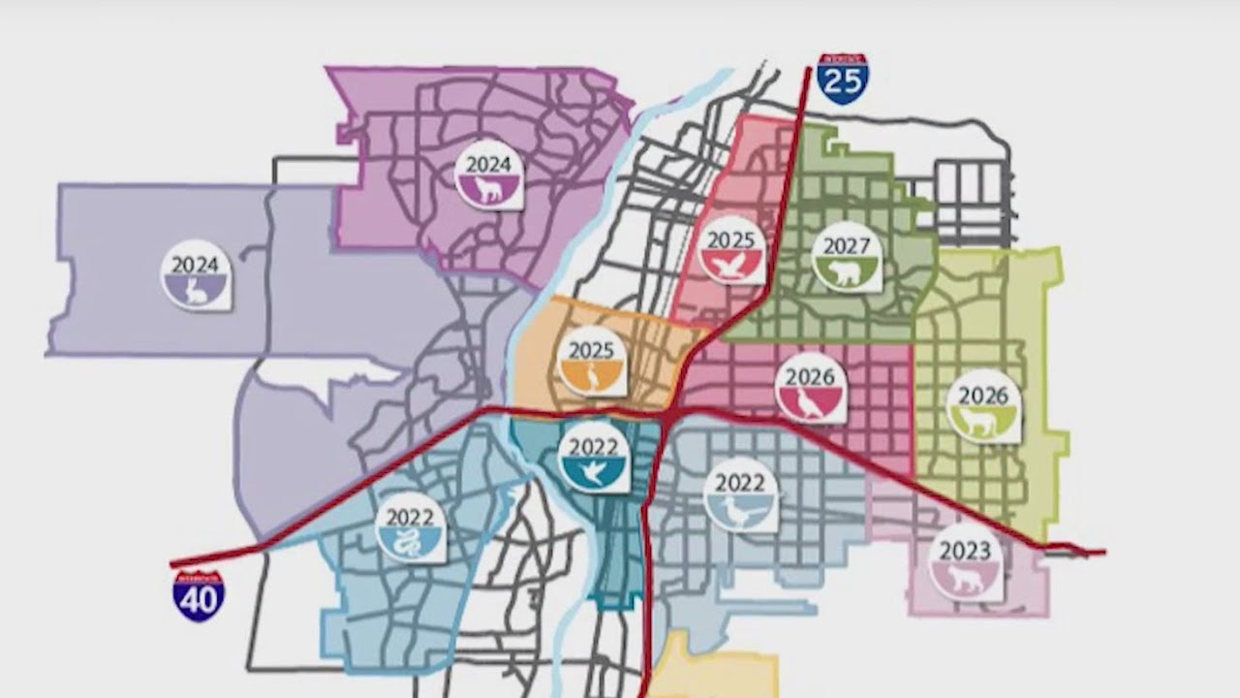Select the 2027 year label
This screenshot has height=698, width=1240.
pos(847,246)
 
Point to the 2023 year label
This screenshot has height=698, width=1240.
pos(965,552)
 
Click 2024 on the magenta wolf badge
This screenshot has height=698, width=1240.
pos(488,164)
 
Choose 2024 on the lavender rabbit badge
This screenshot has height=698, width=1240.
pos(195,264)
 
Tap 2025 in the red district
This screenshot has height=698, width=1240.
pos(731,239)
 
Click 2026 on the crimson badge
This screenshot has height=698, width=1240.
pos(811,377)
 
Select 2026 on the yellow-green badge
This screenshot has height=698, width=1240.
pos(983,396)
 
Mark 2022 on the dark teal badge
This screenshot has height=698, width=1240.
pos(594,447)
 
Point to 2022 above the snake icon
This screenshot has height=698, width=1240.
pos(410,517)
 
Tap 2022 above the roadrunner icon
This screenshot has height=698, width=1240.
pos(740,483)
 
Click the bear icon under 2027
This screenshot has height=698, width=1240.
pos(848,273)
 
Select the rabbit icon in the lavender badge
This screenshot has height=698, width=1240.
pos(196,289)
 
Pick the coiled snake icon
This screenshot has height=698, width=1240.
pos(411,544)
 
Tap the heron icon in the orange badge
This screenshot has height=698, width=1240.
pos(592,378)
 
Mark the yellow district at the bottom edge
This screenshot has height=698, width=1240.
pos(712,674)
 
